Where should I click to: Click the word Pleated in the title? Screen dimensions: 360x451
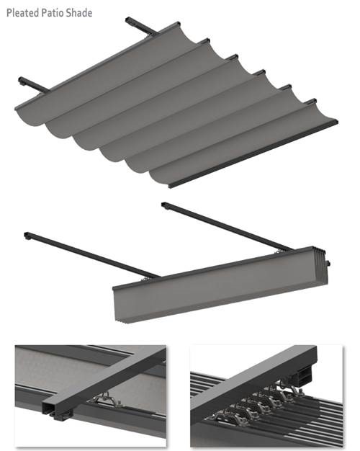[22, 13]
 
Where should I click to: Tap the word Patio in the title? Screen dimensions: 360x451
[52, 13]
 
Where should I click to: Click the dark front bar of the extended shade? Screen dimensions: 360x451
[253, 155]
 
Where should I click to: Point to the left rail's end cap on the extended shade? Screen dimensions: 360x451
[22, 81]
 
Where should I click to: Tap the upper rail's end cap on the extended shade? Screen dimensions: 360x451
[130, 20]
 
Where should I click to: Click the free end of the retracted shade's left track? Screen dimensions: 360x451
[27, 236]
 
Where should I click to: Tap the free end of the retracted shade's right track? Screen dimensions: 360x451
[165, 205]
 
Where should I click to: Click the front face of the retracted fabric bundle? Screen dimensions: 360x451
[219, 287]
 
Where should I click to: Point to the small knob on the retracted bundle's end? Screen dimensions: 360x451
[328, 263]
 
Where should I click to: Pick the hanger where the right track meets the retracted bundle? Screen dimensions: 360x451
[278, 251]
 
